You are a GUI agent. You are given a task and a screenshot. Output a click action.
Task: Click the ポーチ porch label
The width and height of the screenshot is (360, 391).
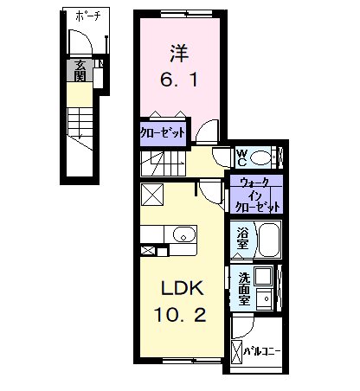tap(88, 16)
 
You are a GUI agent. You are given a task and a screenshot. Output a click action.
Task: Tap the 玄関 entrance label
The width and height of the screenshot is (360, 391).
tap(80, 70)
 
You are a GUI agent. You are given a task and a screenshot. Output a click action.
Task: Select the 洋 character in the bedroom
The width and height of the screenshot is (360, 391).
tap(179, 54)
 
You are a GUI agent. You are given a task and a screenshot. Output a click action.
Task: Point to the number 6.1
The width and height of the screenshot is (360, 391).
tap(179, 80)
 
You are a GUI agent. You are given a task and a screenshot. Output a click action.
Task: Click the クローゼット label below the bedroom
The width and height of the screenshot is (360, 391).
tap(163, 133)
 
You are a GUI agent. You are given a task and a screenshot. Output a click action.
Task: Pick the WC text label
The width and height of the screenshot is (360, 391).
tap(241, 157)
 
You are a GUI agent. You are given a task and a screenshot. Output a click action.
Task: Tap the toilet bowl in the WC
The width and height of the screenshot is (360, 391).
tap(260, 157)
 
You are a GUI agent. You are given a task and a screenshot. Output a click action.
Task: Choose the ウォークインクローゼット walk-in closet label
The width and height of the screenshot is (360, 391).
tap(257, 195)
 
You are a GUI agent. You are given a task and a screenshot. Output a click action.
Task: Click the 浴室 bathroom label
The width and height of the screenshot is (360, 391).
tap(242, 238)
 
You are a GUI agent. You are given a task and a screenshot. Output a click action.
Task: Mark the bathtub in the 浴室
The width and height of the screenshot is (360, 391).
tap(269, 239)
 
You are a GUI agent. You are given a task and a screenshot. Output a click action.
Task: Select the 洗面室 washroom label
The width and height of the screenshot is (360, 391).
tap(244, 289)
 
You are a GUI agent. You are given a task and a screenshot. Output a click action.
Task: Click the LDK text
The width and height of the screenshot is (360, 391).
tap(182, 288)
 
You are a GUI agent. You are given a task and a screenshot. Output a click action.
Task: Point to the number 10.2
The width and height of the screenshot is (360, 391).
tap(180, 315)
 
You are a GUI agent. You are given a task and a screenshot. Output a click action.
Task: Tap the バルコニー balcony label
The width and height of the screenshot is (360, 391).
tap(262, 351)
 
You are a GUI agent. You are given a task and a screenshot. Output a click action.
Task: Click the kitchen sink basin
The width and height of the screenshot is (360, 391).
tap(184, 234)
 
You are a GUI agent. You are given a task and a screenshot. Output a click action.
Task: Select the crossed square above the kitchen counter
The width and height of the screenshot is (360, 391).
tap(152, 195)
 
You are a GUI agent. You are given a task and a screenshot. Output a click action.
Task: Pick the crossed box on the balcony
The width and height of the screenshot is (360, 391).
tap(237, 352)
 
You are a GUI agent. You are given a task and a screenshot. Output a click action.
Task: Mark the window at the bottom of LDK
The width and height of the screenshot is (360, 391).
tap(192, 361)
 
